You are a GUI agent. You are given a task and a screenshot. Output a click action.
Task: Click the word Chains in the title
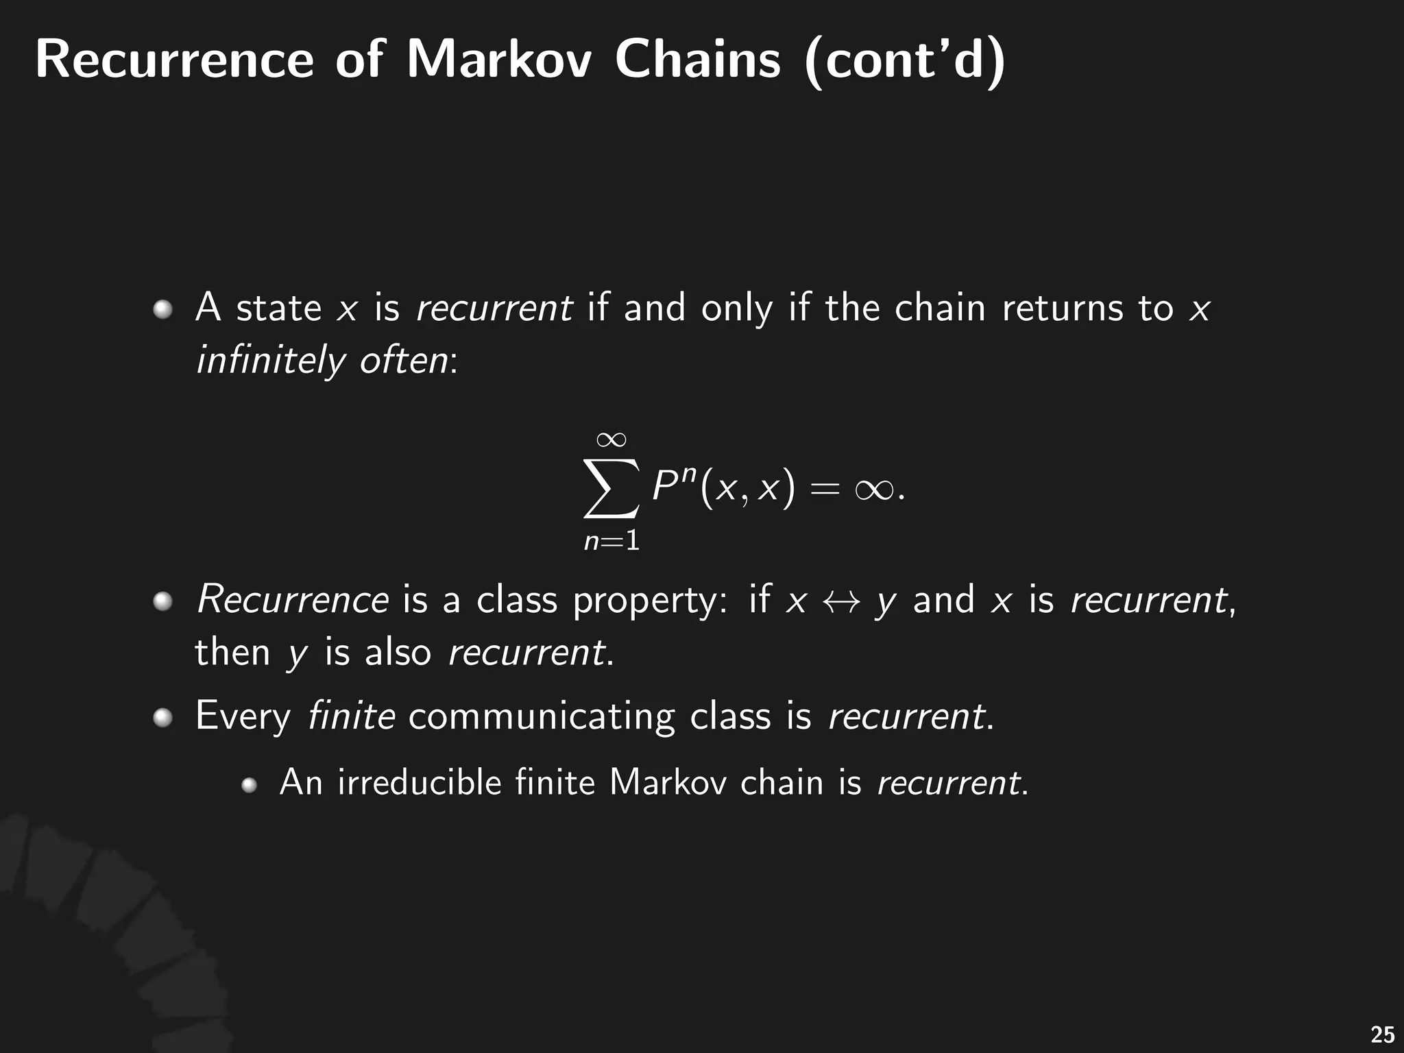697,60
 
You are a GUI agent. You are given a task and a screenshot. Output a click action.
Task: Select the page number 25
1382,1034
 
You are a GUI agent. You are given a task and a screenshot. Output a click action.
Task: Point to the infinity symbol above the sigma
611,439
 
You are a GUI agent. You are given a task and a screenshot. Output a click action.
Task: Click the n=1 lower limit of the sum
612,542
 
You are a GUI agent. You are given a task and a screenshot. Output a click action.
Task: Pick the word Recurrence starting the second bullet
293,600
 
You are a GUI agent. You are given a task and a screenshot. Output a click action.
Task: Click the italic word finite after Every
351,716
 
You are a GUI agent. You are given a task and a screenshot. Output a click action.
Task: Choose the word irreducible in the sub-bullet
420,782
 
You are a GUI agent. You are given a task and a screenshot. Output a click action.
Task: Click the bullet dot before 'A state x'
162,310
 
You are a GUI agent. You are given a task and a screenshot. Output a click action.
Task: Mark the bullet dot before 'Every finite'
162,718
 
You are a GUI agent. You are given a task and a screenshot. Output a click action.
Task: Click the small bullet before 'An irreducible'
250,785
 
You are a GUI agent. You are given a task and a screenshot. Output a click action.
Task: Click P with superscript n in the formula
673,485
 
